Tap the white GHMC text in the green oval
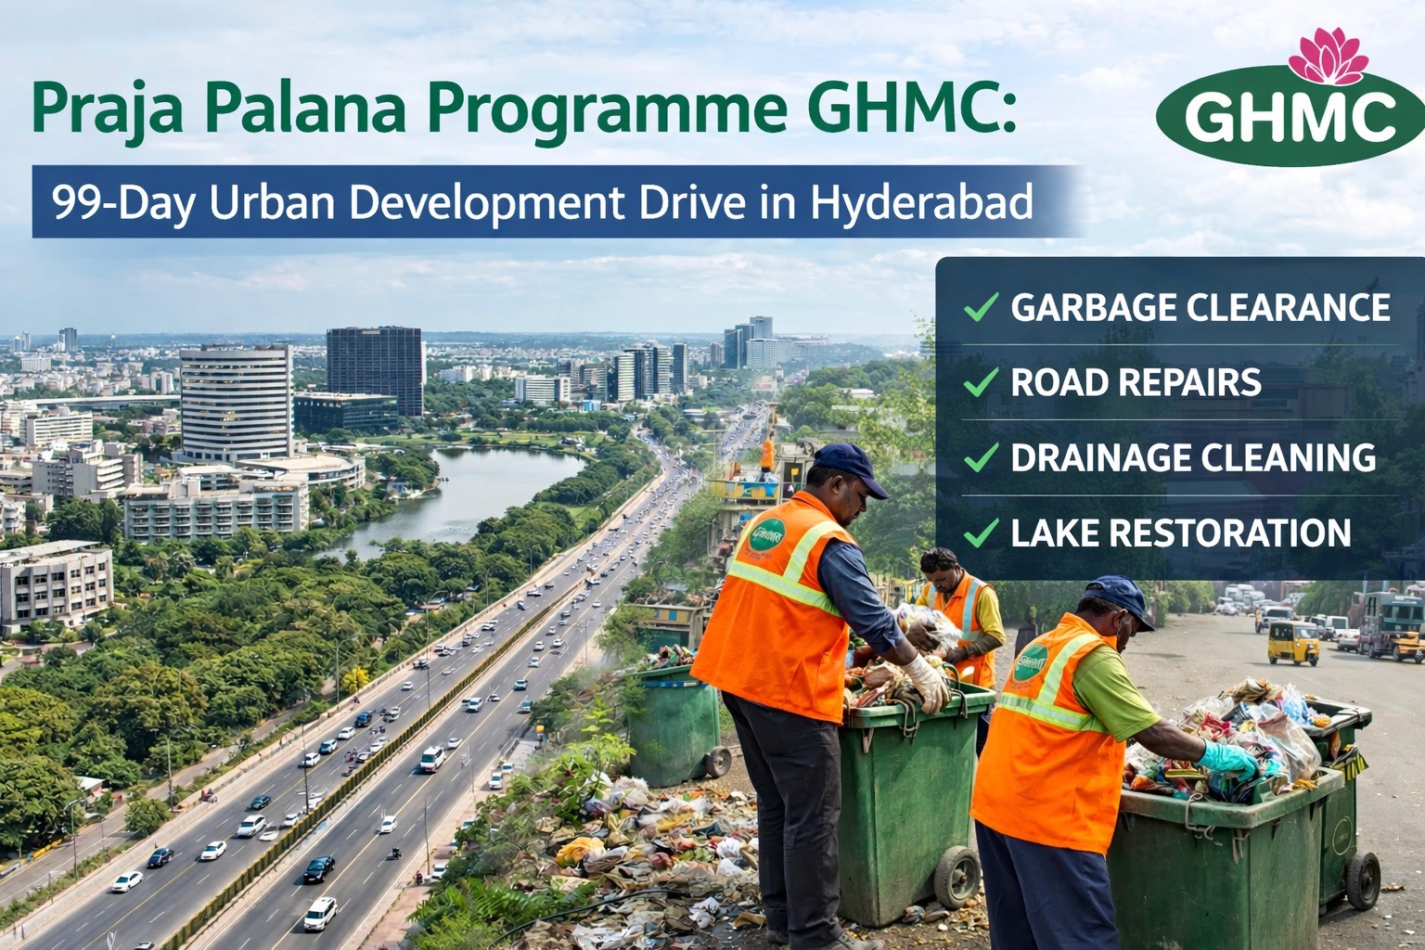pos(1290,116)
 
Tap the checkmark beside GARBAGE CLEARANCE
pos(981,306)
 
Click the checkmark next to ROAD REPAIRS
pos(981,381)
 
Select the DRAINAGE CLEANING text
pos(1193,457)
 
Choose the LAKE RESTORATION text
pos(1180,533)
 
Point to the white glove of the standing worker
pos(928,682)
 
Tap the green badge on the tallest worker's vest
pos(767,535)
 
